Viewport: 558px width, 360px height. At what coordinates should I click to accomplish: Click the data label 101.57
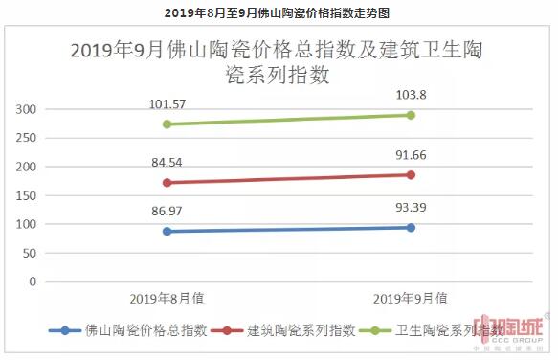(167, 103)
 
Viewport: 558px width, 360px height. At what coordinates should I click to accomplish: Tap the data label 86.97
(167, 208)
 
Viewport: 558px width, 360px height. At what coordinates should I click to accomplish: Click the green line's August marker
(167, 124)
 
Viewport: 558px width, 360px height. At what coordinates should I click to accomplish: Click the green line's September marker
(410, 115)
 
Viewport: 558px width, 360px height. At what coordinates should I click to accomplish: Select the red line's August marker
(167, 182)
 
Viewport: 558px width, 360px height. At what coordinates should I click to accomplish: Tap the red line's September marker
(410, 174)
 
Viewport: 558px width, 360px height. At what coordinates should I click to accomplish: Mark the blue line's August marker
(167, 231)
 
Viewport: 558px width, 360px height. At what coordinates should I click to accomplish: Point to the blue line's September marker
(410, 227)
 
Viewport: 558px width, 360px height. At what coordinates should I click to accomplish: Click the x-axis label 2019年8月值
(167, 299)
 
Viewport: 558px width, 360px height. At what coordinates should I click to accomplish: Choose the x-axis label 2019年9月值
(410, 299)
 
